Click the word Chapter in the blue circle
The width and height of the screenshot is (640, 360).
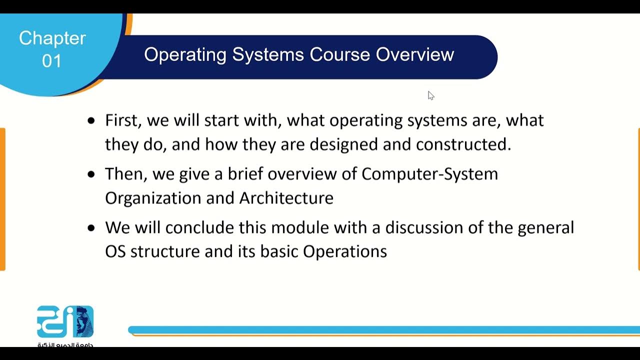52,38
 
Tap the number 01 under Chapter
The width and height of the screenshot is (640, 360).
52,61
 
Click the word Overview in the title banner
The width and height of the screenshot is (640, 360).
415,54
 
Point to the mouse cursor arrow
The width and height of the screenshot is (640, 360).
430,95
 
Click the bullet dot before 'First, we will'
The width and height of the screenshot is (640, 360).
90,120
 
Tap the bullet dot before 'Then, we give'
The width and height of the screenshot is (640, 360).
90,174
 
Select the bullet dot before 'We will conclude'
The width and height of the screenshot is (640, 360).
90,228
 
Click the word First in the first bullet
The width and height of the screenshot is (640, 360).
120,120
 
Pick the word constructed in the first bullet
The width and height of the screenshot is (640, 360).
463,144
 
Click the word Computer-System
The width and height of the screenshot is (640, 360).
429,174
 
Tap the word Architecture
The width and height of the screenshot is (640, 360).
286,198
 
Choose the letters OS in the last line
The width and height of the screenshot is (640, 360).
115,251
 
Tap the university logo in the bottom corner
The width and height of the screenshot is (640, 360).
65,322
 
